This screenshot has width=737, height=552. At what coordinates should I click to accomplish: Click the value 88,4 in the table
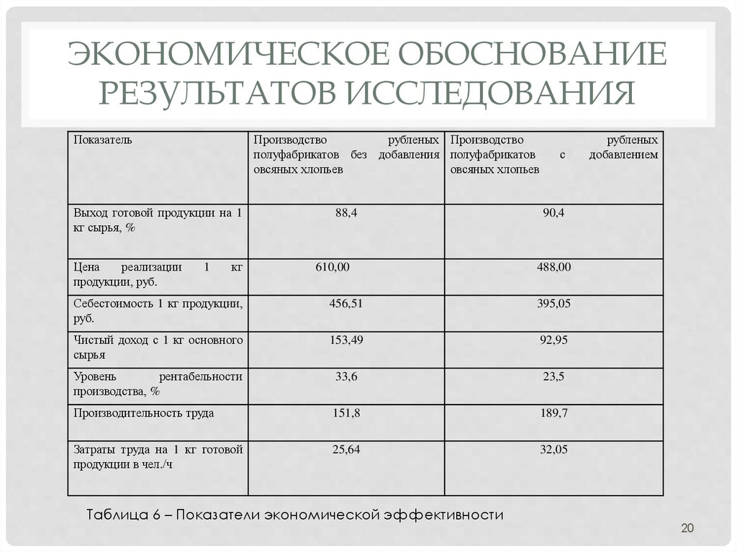click(346, 212)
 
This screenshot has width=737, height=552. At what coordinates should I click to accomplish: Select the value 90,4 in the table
click(554, 212)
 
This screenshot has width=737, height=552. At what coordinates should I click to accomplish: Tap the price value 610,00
click(333, 267)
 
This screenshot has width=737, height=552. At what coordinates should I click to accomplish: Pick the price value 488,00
click(554, 267)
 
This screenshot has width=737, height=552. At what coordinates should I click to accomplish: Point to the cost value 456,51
click(346, 304)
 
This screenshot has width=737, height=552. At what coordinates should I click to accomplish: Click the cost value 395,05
click(554, 304)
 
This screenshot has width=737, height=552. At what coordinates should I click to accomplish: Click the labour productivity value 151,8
click(346, 413)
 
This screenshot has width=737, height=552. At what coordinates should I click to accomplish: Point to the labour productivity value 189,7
click(554, 413)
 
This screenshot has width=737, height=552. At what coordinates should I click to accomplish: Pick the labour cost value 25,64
click(346, 450)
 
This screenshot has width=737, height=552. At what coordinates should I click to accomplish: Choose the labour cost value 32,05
click(554, 450)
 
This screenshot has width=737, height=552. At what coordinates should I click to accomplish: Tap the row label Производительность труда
click(143, 413)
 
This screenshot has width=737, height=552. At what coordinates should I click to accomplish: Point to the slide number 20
click(687, 530)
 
